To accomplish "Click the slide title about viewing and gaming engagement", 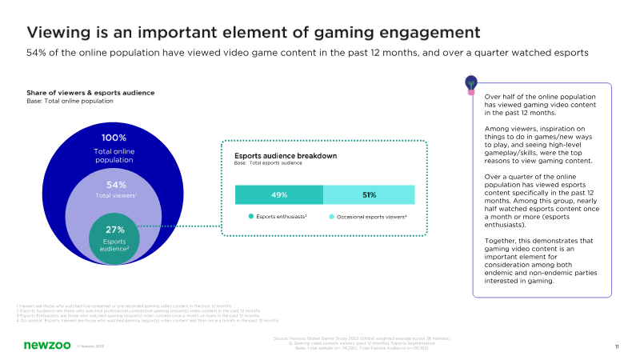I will point(254,33).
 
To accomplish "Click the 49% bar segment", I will point(278,194).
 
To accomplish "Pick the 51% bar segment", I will point(369,194).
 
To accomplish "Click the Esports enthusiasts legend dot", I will point(250,217).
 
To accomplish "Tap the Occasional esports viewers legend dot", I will point(330,217).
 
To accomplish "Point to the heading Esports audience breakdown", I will point(285,156).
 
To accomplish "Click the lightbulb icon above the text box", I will point(471,82).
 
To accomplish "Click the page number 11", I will point(617,346).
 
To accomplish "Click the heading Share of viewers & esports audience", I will point(90,93).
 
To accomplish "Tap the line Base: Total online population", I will point(70,102).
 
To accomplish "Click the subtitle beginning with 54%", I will point(308,52).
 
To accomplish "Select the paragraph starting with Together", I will point(541,260).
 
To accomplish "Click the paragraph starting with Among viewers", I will point(541,145).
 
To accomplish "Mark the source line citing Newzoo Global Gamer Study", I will point(362,339).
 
